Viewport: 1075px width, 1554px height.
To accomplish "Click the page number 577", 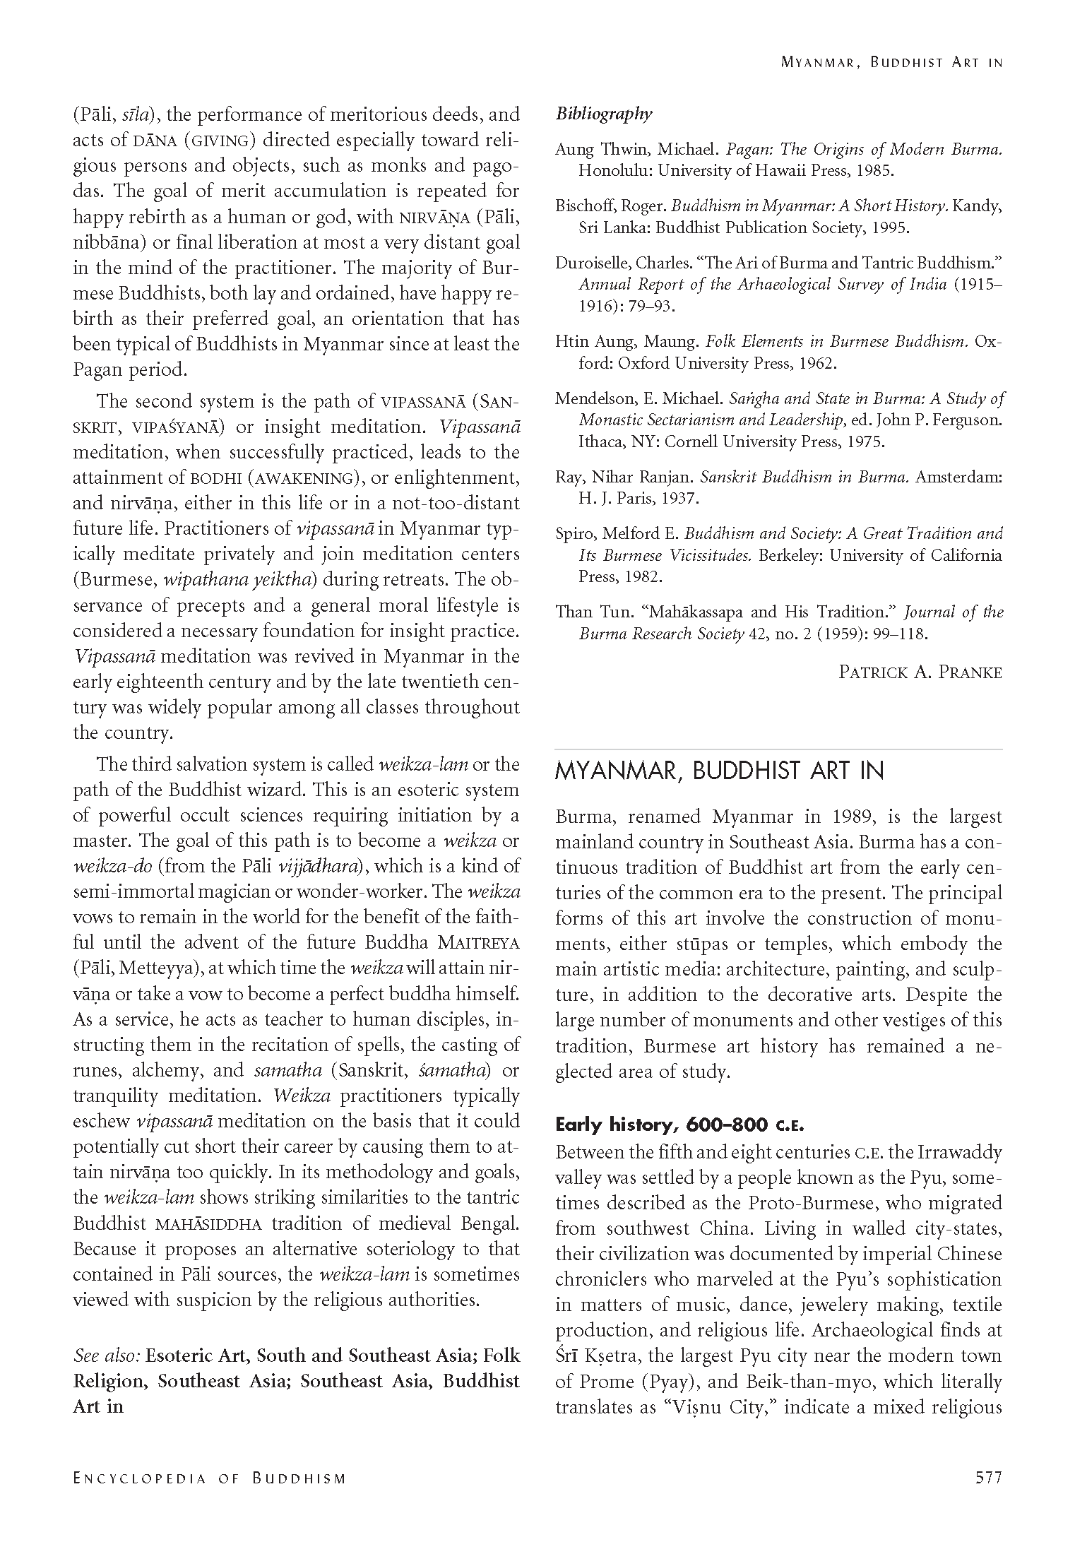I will tap(988, 1478).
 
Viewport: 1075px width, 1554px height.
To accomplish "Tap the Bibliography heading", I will tap(604, 114).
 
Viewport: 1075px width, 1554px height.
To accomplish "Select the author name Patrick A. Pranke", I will tap(920, 672).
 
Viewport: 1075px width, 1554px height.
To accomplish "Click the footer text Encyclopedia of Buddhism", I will tap(210, 1478).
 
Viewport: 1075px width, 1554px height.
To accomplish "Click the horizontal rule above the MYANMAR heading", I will tap(778, 749).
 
